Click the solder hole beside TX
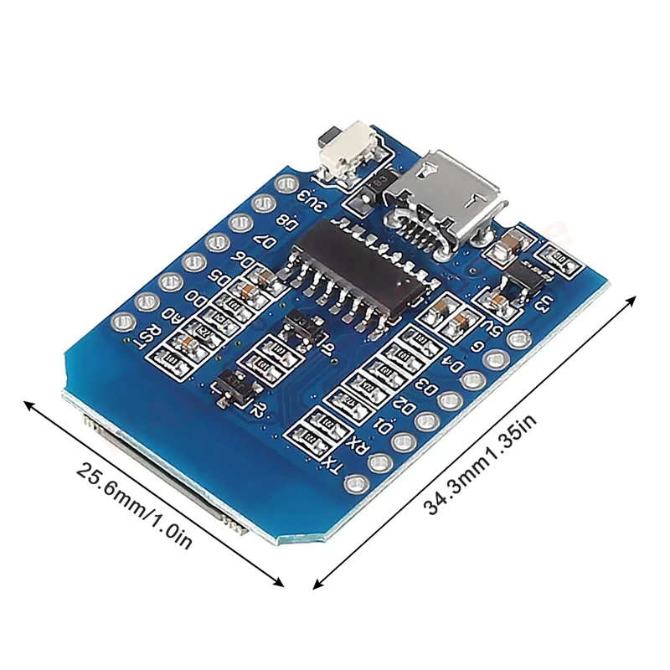click(x=358, y=482)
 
